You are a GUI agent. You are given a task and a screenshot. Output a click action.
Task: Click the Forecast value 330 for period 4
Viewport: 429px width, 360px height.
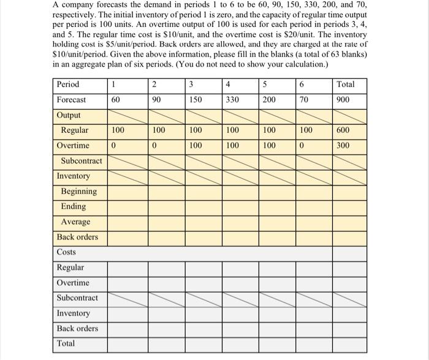click(232, 100)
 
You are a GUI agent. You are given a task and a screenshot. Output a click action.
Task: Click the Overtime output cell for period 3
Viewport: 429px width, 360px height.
click(194, 146)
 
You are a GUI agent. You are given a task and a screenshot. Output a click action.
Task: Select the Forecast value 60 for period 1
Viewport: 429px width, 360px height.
click(115, 100)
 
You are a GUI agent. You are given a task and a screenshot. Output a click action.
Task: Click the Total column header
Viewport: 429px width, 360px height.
click(346, 84)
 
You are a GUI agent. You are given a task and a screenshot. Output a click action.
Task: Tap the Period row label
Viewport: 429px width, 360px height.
click(68, 84)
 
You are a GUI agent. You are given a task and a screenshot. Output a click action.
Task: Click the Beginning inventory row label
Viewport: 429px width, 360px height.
click(78, 192)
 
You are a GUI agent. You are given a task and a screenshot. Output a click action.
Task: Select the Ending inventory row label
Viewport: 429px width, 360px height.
click(74, 207)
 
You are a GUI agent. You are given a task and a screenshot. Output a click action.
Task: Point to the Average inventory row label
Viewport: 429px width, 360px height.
click(75, 222)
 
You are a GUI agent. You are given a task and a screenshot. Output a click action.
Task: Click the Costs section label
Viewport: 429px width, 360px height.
click(66, 252)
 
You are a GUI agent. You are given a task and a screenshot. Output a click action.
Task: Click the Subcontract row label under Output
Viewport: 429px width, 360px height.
click(81, 161)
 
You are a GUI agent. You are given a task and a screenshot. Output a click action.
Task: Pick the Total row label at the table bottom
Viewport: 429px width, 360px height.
click(66, 343)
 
